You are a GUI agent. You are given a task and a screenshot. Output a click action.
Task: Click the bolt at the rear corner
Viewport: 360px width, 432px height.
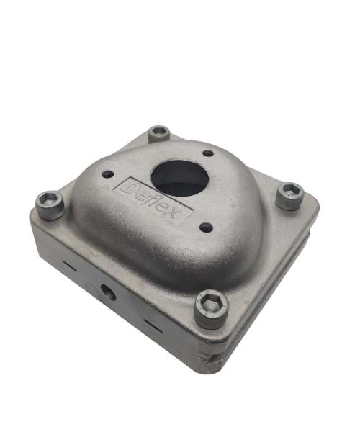click(159, 134)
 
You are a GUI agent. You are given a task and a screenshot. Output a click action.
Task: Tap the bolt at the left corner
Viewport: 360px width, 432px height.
click(50, 205)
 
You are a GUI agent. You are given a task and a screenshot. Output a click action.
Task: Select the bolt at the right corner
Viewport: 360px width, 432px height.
click(290, 196)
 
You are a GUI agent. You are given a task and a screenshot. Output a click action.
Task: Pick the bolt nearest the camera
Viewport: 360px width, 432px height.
click(212, 309)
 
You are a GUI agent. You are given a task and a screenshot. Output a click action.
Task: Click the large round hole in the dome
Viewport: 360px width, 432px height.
click(179, 178)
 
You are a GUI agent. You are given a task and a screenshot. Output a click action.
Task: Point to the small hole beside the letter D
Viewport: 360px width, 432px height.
click(108, 174)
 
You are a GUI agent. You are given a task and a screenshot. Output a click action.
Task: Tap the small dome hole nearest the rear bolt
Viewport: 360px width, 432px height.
click(208, 153)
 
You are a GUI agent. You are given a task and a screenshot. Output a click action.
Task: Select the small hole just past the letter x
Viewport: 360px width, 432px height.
click(207, 228)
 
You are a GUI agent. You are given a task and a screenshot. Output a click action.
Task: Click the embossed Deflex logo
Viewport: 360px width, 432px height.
click(153, 201)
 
